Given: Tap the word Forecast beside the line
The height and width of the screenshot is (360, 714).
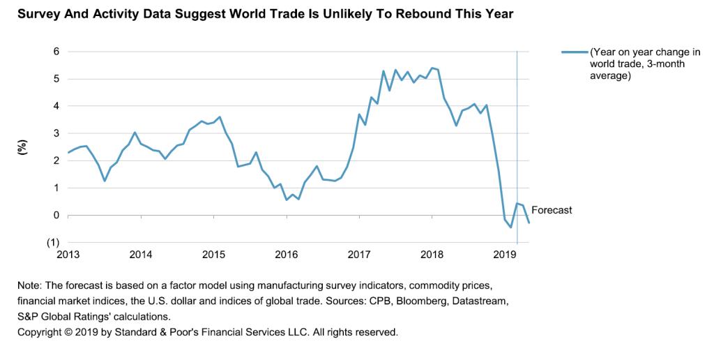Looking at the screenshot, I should tap(552, 209).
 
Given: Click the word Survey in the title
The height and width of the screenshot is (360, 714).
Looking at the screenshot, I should tap(38, 13).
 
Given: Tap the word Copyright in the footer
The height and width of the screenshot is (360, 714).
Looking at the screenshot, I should tap(40, 331).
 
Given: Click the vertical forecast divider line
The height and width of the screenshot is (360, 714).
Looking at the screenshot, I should tap(517, 140).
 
